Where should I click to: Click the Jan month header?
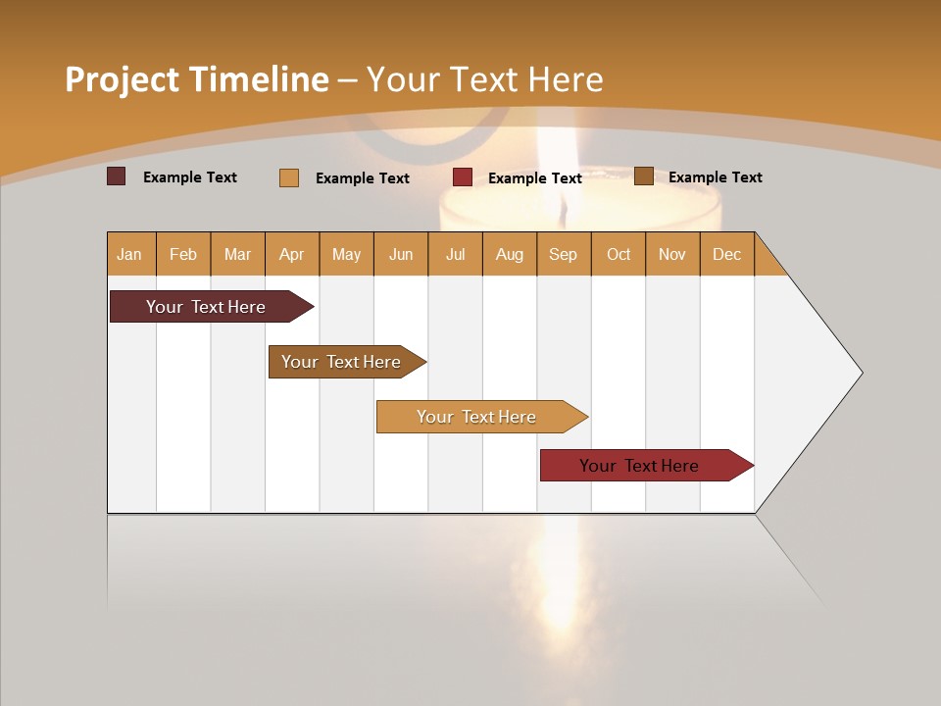(x=130, y=254)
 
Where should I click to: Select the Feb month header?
(x=183, y=254)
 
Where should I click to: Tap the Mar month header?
(x=237, y=254)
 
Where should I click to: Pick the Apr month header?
(x=291, y=254)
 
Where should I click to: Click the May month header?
(x=346, y=254)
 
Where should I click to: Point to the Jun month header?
(x=401, y=254)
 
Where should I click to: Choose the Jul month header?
(x=455, y=254)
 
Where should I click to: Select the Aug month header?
(x=509, y=254)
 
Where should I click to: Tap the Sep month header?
(x=563, y=254)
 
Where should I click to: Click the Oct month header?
(x=619, y=254)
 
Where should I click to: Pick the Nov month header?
(x=672, y=254)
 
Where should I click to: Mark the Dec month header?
(x=726, y=254)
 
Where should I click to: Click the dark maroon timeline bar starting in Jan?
(x=207, y=307)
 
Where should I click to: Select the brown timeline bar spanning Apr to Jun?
(x=342, y=362)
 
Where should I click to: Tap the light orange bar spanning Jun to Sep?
(x=477, y=417)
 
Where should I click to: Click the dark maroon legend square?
(x=117, y=176)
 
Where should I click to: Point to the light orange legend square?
(x=289, y=177)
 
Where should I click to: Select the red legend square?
(x=463, y=177)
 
